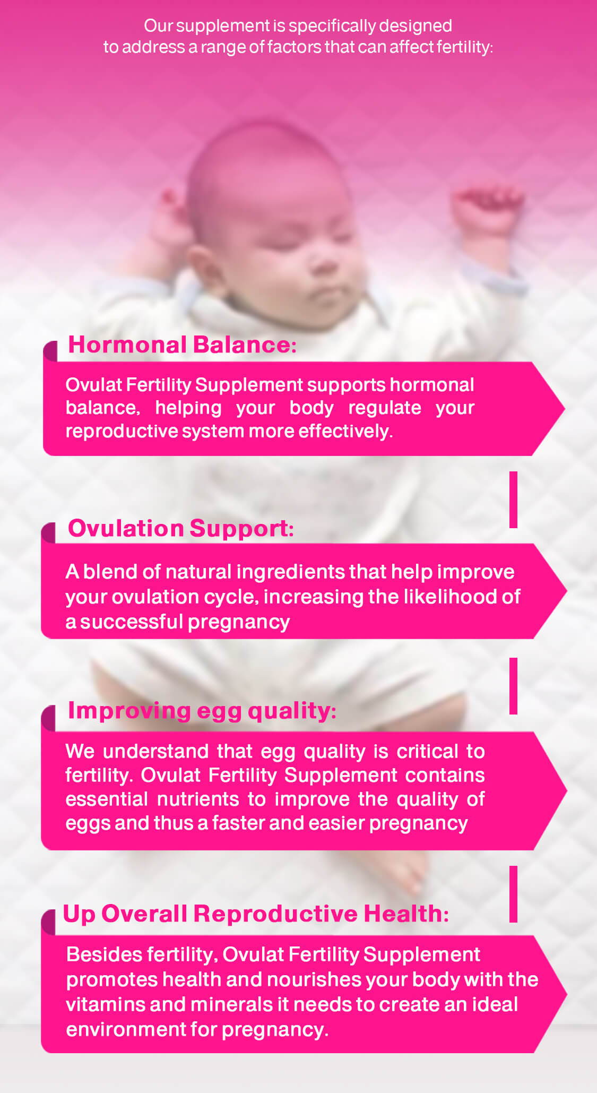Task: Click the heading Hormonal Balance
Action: point(182,345)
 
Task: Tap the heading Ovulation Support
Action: point(180,529)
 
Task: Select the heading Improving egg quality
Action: point(202,711)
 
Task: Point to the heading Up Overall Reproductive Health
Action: point(256,914)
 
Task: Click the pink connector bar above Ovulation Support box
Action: point(513,500)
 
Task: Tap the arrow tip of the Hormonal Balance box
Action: point(565,409)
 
